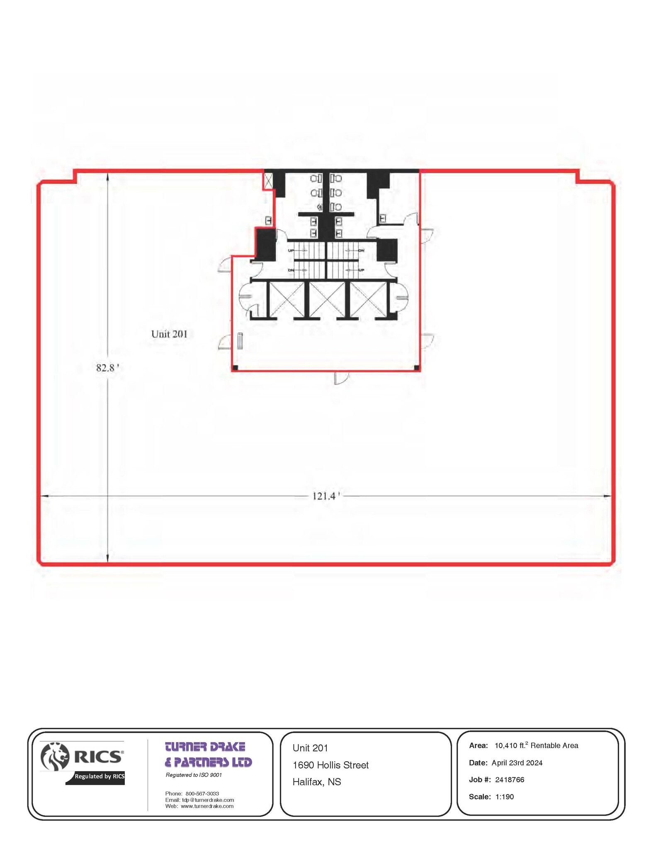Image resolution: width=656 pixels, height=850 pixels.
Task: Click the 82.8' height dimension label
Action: [x=107, y=368]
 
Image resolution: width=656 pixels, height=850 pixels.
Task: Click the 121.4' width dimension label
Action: [x=326, y=496]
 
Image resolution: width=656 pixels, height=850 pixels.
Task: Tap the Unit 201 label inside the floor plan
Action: [x=169, y=334]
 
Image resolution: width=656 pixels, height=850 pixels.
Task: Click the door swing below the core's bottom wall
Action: [x=341, y=378]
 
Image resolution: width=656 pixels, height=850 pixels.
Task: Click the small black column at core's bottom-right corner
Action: [x=416, y=368]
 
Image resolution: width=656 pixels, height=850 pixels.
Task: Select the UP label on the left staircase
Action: [x=291, y=251]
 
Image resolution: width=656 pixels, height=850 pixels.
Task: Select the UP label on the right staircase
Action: [x=361, y=270]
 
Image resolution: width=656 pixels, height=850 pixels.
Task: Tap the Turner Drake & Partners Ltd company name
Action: [x=208, y=755]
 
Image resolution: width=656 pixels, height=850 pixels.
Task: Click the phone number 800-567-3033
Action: [x=202, y=794]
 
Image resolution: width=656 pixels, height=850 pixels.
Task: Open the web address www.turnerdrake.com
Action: [x=207, y=806]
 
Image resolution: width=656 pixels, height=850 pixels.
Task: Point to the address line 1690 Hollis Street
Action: [x=330, y=765]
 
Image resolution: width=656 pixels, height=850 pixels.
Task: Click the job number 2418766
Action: [x=510, y=779]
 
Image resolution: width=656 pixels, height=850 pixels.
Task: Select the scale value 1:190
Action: [x=504, y=796]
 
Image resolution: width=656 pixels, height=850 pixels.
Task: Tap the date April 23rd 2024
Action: [x=517, y=762]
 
